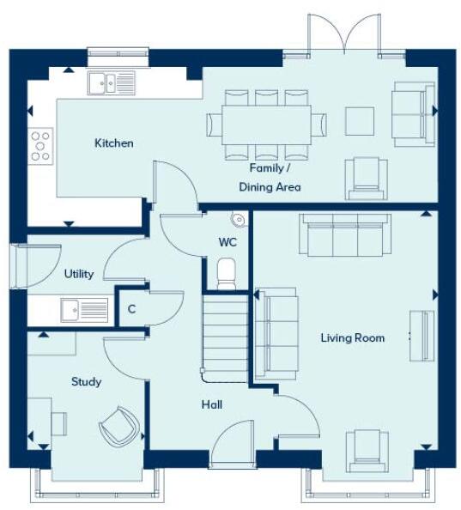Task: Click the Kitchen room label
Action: [x=113, y=143]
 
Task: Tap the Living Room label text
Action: [x=352, y=338]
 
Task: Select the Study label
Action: [x=87, y=382]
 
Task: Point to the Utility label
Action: [x=79, y=275]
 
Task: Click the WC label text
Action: [x=227, y=241]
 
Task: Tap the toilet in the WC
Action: [x=227, y=273]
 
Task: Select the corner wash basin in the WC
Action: [x=240, y=219]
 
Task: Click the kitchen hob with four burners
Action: [x=40, y=144]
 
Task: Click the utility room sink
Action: [x=83, y=309]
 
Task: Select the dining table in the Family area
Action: [x=267, y=124]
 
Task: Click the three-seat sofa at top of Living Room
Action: [x=338, y=234]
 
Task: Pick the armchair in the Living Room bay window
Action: [x=364, y=450]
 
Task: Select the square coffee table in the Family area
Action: [x=360, y=120]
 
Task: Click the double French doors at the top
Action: [x=344, y=33]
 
